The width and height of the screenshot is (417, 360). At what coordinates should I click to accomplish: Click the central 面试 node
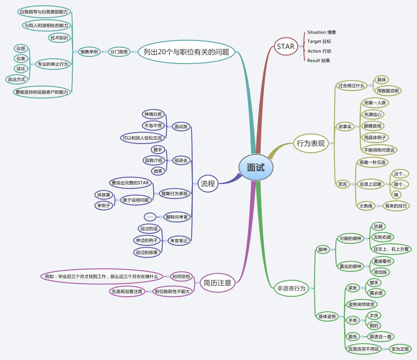click(256, 167)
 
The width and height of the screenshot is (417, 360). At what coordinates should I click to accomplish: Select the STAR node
click(286, 47)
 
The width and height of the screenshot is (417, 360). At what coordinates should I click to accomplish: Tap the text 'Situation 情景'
click(321, 32)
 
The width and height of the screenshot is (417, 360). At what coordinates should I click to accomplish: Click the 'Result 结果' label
click(318, 60)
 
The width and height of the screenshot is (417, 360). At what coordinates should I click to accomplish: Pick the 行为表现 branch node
click(310, 143)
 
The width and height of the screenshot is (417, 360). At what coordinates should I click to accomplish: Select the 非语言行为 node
click(291, 288)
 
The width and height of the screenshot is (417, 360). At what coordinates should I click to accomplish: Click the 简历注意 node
click(217, 283)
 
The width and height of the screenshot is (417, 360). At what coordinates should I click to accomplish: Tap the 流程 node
click(208, 184)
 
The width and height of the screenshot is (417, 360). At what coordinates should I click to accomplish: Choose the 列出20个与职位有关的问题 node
click(186, 52)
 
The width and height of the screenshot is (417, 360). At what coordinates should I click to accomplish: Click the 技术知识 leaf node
click(59, 38)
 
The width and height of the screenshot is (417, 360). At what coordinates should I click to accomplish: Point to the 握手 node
click(158, 150)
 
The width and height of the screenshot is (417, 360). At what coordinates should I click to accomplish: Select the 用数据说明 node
click(388, 91)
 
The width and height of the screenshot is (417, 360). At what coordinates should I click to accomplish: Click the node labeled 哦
click(396, 195)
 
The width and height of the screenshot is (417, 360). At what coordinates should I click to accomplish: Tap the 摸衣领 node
click(376, 293)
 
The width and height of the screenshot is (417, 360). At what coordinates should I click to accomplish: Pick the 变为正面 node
click(400, 349)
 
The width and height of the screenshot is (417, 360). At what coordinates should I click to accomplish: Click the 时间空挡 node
click(181, 276)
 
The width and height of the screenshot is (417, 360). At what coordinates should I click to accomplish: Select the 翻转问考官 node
click(177, 217)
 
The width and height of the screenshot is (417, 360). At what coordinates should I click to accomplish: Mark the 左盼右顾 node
click(382, 237)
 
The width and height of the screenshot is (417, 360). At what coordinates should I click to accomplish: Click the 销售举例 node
click(89, 52)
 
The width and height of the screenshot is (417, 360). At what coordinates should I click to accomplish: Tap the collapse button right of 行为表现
click(331, 143)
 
